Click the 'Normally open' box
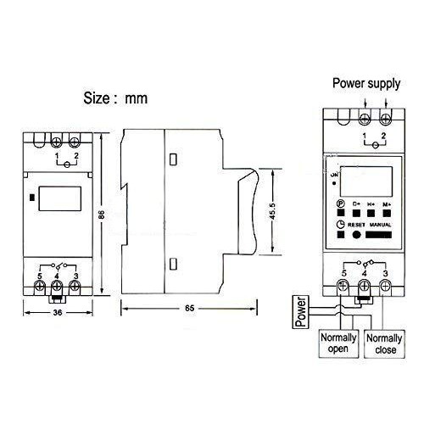tap(338, 343)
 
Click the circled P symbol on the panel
tap(341, 204)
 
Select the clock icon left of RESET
tap(341, 224)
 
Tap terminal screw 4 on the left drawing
tap(56, 286)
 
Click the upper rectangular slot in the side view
tap(173, 159)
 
